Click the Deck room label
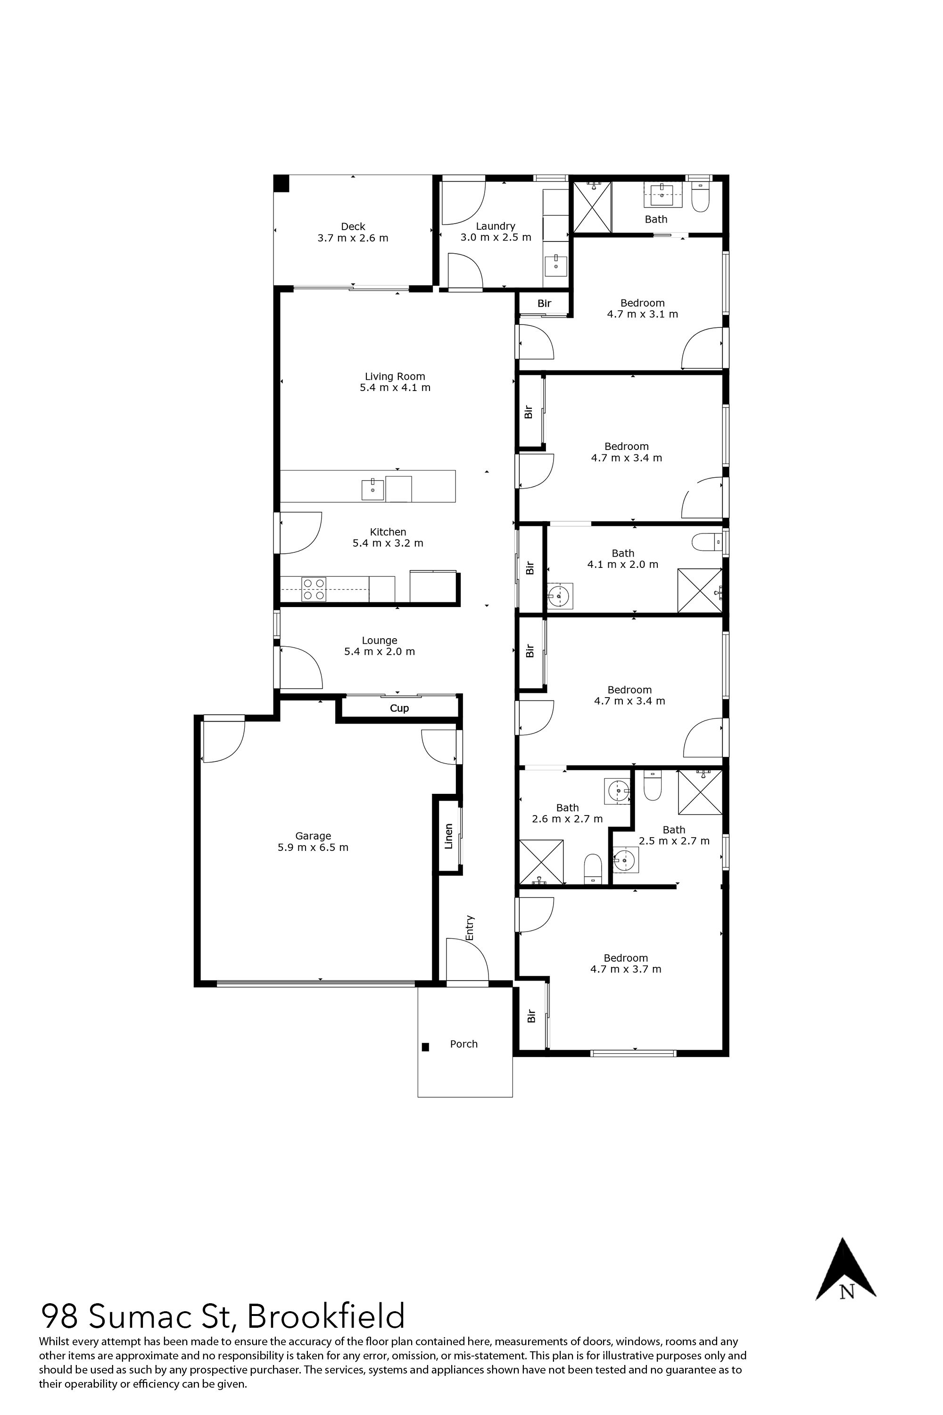[353, 227]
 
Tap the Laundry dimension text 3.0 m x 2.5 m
[496, 238]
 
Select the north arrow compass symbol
[845, 1270]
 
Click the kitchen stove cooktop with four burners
[314, 589]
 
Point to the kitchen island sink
[372, 489]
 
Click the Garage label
[313, 836]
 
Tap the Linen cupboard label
[448, 836]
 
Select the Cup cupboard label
[399, 708]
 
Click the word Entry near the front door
[470, 928]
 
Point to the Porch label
[463, 1044]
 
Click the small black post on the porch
[425, 1047]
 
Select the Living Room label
[395, 376]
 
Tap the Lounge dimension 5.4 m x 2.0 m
[380, 651]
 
